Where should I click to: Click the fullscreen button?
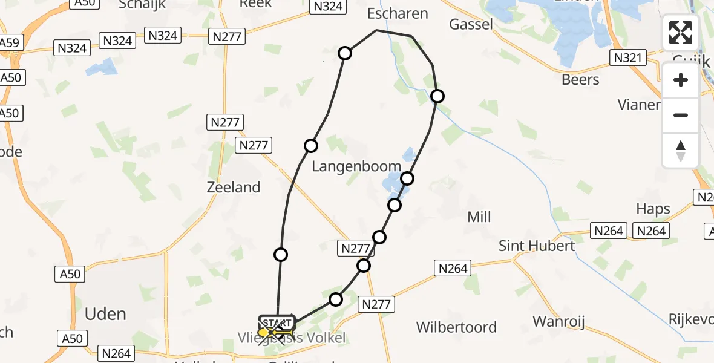681,33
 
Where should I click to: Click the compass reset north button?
681,150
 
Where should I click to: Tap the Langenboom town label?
356,166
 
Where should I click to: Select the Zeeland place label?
234,187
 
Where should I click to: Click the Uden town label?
105,314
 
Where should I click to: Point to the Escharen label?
398,13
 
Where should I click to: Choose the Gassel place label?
471,24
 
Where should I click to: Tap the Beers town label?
580,80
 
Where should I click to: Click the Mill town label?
479,217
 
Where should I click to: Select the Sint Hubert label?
537,246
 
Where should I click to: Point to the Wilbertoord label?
457,327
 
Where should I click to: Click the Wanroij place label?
558,322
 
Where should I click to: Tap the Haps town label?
653,209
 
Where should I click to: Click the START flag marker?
276,321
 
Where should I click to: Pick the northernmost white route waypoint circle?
345,53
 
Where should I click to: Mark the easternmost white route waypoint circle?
437,96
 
